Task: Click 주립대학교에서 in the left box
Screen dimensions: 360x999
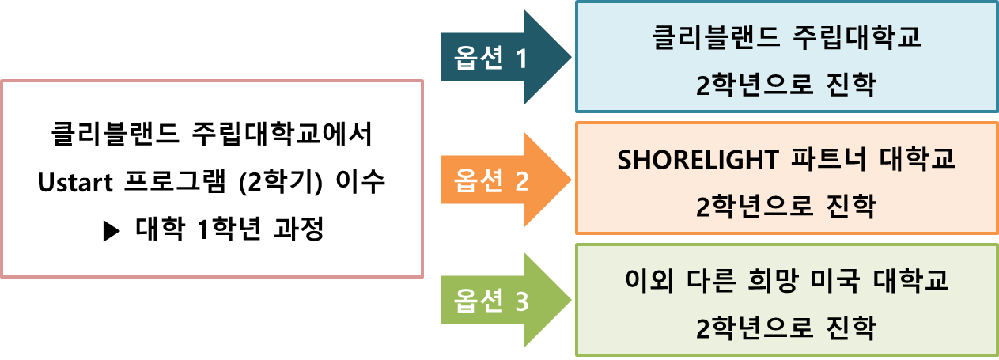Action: pyautogui.click(x=281, y=132)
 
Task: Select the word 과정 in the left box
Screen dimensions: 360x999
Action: pyautogui.click(x=296, y=230)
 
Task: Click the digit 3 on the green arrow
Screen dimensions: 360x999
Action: pyautogui.click(x=521, y=301)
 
